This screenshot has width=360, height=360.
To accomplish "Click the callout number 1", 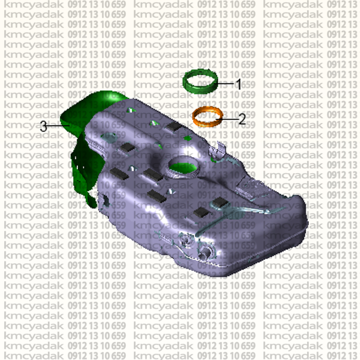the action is pos(239,84).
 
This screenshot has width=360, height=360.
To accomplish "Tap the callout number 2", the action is pos(242,119).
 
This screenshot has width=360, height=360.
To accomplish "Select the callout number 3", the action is pos(44,126).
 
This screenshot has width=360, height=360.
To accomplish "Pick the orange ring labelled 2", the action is pos(193,117).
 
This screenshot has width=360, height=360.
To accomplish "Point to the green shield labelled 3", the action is pos(85,147).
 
